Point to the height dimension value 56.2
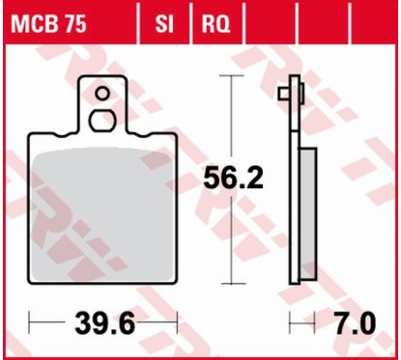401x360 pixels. click(230, 179)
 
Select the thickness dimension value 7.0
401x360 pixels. click(354, 320)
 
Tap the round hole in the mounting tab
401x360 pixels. click(101, 94)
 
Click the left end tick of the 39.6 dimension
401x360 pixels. click(30, 320)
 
